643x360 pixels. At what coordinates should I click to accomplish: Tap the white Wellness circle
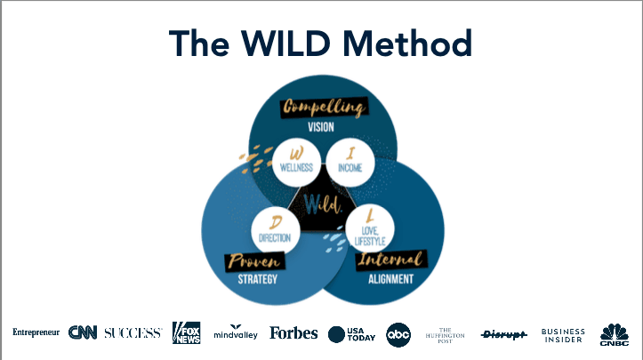point(296,161)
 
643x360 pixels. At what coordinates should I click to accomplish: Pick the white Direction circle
point(275,230)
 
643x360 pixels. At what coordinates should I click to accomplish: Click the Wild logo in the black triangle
point(321,204)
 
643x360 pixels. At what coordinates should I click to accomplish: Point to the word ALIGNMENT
point(390,279)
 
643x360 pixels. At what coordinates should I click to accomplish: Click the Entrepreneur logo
point(36,332)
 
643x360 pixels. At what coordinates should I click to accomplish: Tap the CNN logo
point(83,333)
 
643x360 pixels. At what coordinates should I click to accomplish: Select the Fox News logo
point(187,333)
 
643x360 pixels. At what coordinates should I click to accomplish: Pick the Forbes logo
point(293,333)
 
